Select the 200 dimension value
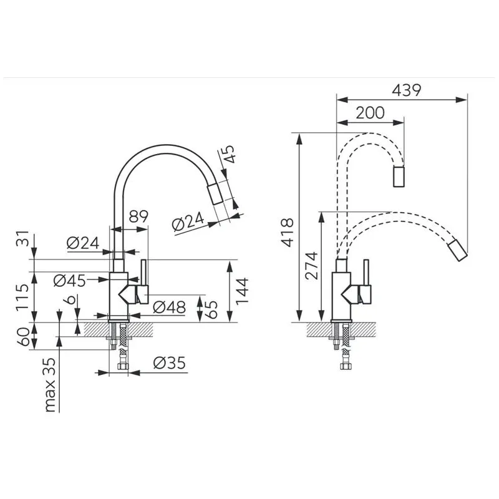370,114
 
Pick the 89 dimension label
138,218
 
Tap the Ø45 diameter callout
69,281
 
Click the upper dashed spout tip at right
399,177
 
